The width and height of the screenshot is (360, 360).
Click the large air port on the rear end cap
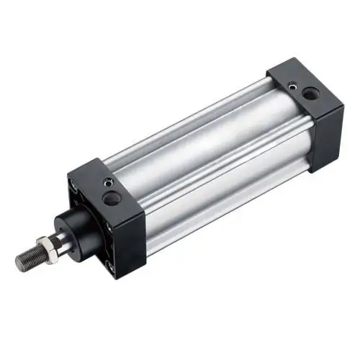point(309,93)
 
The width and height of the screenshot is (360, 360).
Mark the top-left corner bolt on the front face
point(75,190)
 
